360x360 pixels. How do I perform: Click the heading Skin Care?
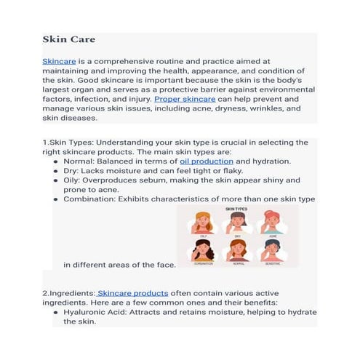pos(68,39)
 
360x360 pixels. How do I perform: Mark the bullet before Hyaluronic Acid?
pos(57,311)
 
